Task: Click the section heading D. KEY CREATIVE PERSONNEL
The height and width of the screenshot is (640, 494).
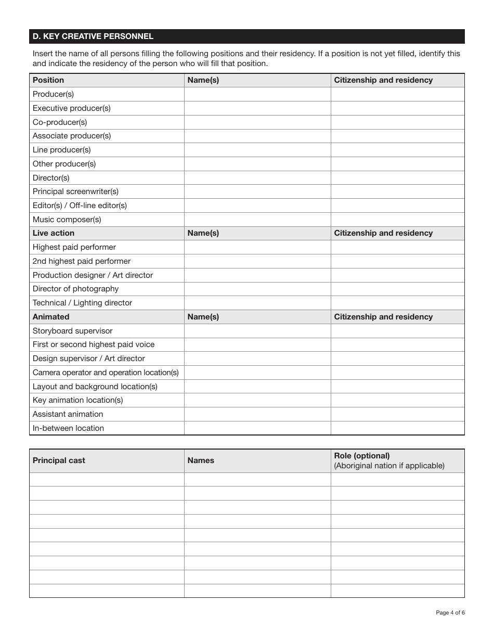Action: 93,36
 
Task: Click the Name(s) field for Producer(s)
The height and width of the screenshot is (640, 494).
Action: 257,94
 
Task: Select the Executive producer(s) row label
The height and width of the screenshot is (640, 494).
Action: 72,108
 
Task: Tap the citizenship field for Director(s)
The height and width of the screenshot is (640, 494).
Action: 397,178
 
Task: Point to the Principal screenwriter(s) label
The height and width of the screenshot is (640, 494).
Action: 75,191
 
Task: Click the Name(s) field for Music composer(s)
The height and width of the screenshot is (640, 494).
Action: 257,220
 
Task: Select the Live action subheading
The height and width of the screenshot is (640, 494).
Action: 54,233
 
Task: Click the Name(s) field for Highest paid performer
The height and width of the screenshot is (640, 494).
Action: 257,247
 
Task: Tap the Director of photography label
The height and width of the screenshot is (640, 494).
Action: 75,289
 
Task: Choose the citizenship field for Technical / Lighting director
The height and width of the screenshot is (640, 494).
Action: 397,303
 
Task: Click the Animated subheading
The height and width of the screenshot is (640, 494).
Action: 51,317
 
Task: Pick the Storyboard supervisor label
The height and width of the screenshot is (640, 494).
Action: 72,331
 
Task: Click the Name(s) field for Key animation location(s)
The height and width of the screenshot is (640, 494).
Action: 257,400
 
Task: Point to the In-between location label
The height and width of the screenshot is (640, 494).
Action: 68,428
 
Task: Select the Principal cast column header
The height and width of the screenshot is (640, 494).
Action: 59,460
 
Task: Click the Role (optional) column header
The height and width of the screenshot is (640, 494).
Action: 362,456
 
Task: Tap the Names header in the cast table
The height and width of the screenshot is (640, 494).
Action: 201,460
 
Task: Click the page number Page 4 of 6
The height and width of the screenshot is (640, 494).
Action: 450,612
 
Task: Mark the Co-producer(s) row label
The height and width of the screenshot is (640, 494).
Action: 60,122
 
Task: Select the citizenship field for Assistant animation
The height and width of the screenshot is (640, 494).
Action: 397,414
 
